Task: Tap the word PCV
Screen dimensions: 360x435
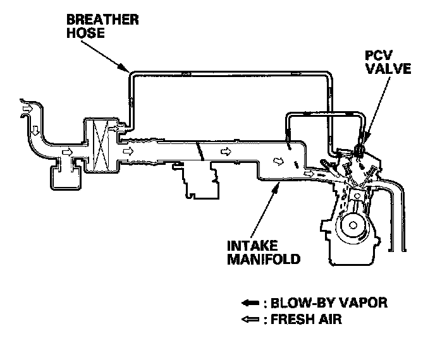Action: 374,54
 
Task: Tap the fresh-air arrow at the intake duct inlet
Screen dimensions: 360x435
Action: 27,109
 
